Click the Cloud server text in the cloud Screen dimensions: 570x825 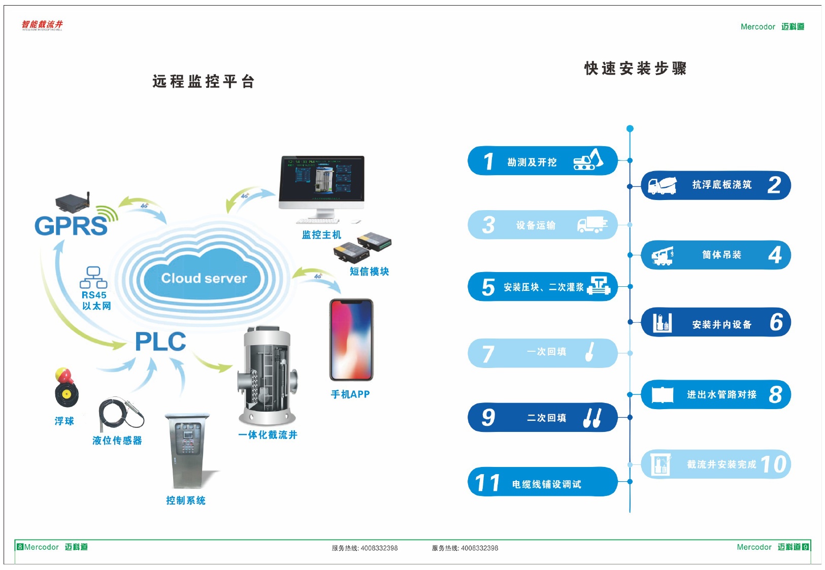coord(204,278)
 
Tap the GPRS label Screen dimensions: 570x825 coord(71,226)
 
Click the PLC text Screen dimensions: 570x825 coord(160,342)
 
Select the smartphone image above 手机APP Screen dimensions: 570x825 coord(351,340)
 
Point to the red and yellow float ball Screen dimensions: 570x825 coord(66,388)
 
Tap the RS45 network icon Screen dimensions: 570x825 coord(93,278)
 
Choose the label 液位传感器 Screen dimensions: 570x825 coord(117,441)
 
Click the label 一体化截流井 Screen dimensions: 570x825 coord(268,435)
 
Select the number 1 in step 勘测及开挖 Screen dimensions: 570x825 coord(488,161)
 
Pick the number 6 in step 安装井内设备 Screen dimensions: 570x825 coord(776,322)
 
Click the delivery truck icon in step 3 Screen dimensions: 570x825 coord(592,224)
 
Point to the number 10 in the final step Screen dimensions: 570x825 coord(774,464)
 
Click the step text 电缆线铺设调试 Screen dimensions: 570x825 coord(546,484)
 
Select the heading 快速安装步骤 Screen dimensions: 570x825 coord(635,69)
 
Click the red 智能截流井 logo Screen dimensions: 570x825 coord(42,25)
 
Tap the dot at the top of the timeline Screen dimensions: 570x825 coord(630,128)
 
